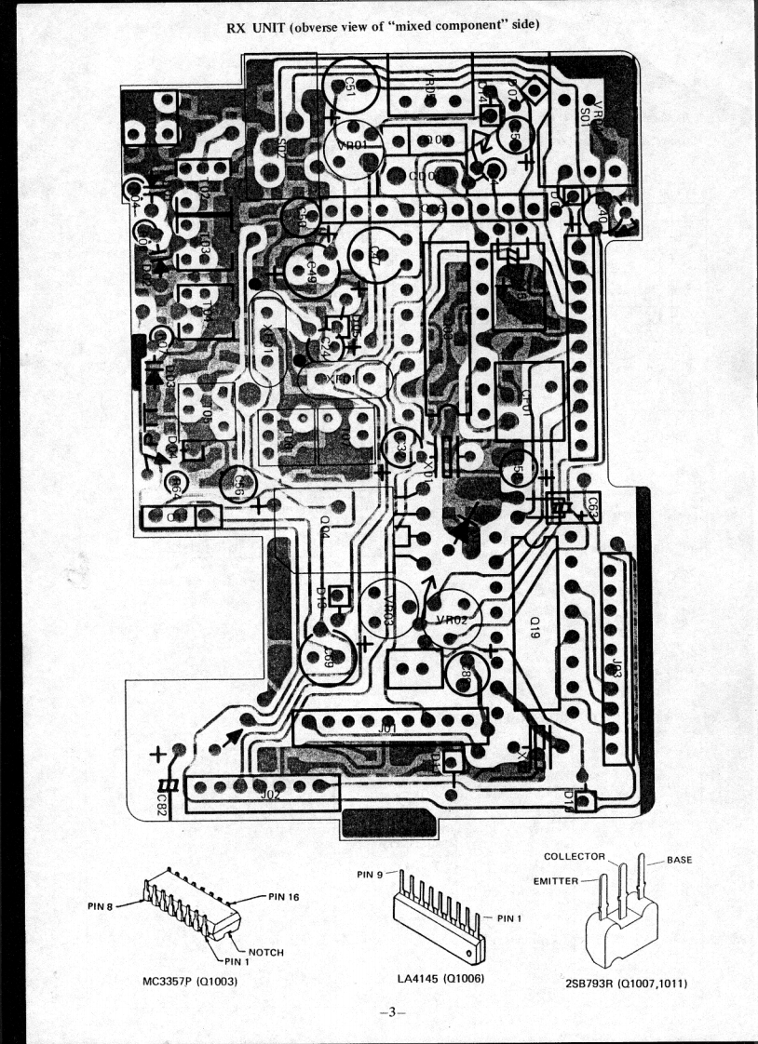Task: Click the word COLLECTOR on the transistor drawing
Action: pyautogui.click(x=575, y=856)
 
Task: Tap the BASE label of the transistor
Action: pyautogui.click(x=679, y=861)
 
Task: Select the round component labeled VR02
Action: pyautogui.click(x=458, y=620)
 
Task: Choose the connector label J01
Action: pyautogui.click(x=386, y=730)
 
